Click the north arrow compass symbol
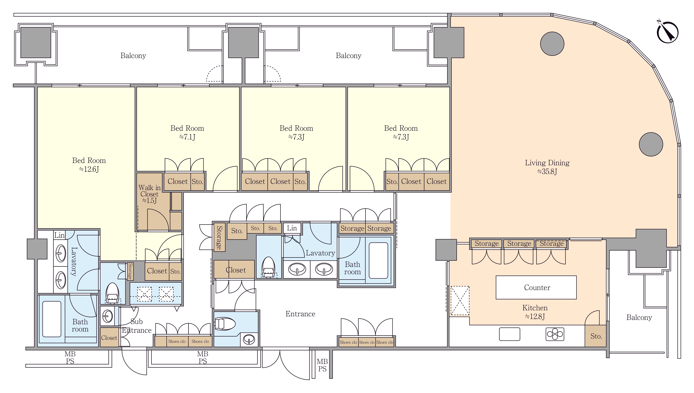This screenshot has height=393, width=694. pos(667,32)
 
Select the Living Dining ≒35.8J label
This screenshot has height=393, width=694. pos(547,167)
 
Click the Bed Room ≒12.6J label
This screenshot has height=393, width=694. pos(89,165)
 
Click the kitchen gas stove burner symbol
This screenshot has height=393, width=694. pos(555,334)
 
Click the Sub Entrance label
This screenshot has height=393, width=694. pos(137,326)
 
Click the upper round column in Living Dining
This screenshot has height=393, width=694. pos(552,44)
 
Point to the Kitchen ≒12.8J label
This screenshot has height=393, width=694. pos(535,312)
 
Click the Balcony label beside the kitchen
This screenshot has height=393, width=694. pos(639,317)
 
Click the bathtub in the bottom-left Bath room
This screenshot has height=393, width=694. pos(52,319)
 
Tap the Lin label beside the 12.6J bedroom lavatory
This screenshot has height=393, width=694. pos(59,235)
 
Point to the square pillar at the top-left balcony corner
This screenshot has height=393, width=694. pos(36,42)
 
